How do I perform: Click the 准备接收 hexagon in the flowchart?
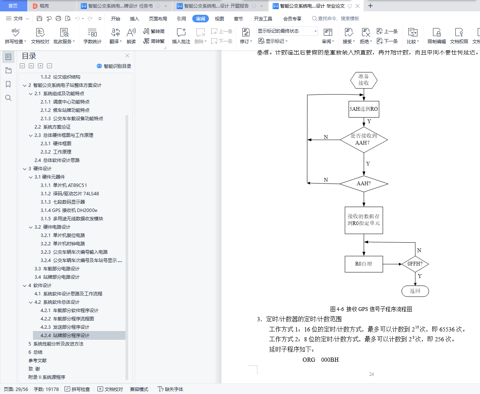(x=364, y=80)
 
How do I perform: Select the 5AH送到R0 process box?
(x=364, y=109)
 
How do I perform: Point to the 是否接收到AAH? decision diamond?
(x=364, y=140)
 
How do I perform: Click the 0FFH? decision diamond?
(x=415, y=264)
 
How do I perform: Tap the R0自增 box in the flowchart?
(x=364, y=264)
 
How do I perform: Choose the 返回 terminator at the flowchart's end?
(x=415, y=291)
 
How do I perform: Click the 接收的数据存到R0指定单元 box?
(x=364, y=220)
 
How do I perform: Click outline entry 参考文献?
(x=38, y=361)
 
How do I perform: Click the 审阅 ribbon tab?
(x=201, y=19)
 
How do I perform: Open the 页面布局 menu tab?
(x=158, y=19)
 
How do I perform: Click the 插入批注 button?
(x=181, y=36)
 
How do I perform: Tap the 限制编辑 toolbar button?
(x=436, y=36)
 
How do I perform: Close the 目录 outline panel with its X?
(x=127, y=56)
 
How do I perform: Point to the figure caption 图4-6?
(x=371, y=309)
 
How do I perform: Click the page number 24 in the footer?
(x=371, y=374)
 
